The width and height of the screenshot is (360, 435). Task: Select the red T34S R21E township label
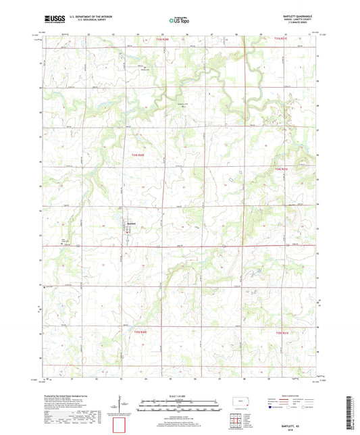[281, 168]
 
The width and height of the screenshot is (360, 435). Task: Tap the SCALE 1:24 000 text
[180, 395]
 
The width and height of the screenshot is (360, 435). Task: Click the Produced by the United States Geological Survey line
[68, 396]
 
